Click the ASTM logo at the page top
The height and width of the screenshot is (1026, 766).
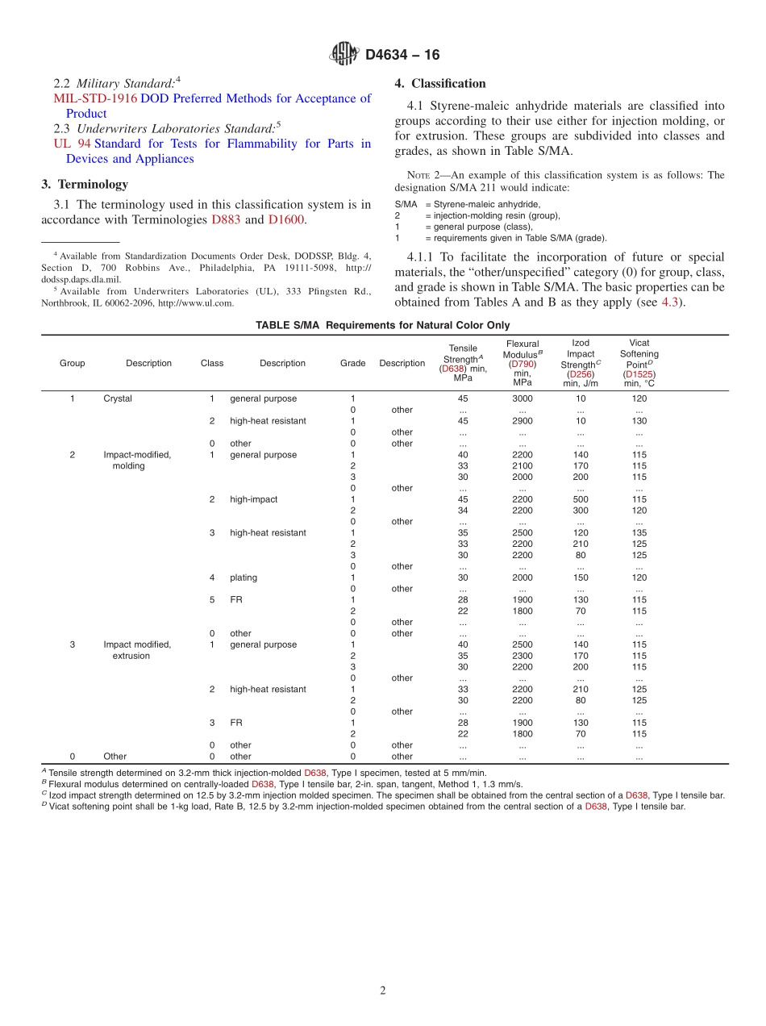coord(344,54)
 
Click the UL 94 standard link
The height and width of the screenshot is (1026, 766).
coord(72,144)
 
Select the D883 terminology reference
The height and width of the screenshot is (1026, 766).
coord(226,219)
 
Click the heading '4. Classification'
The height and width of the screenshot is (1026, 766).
coord(439,83)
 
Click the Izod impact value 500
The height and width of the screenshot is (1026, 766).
coord(581,499)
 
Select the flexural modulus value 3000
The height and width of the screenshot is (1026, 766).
coord(522,398)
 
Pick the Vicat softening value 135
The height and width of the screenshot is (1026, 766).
coord(639,532)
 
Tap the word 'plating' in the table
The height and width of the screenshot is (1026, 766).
coord(244,578)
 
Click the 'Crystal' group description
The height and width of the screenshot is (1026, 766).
coord(118,398)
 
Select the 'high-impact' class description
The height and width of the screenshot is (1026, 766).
coord(253,499)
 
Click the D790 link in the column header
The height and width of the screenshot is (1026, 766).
coord(522,365)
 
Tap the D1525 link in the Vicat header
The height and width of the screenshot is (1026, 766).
coord(639,374)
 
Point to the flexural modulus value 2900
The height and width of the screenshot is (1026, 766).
coord(522,421)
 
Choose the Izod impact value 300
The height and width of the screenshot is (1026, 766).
coord(581,511)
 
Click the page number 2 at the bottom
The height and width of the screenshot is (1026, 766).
coord(383,991)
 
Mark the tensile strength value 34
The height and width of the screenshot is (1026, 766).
coord(463,511)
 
